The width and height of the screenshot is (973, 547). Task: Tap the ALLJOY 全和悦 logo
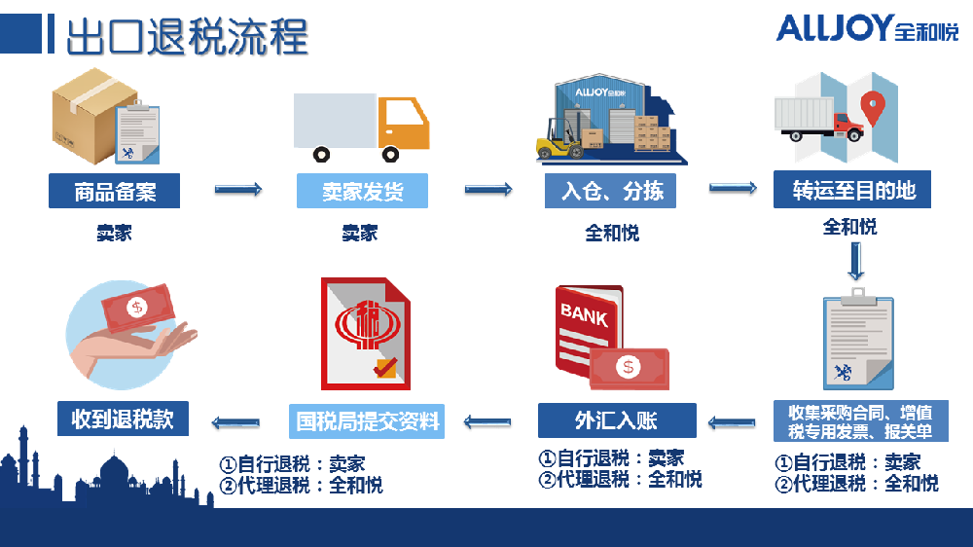[x=866, y=28]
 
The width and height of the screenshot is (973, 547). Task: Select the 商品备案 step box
[x=115, y=191]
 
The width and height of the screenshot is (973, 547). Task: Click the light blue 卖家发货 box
[x=362, y=191]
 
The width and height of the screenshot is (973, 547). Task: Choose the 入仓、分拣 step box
[x=612, y=191]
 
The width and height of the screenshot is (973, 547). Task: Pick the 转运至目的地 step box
[x=852, y=191]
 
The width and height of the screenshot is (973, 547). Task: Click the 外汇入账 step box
[x=617, y=420]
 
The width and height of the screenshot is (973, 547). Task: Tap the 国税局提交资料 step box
[x=367, y=420]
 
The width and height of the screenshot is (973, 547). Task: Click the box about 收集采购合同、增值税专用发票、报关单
[x=860, y=421]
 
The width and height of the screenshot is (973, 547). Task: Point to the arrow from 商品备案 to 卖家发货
[x=238, y=189]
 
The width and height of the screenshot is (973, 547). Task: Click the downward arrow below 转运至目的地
[x=855, y=261]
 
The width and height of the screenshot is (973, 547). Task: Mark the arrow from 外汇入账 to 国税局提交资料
[x=487, y=421]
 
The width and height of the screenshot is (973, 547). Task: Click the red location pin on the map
[x=875, y=102]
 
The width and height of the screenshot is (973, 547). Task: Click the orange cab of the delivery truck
[x=404, y=122]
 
